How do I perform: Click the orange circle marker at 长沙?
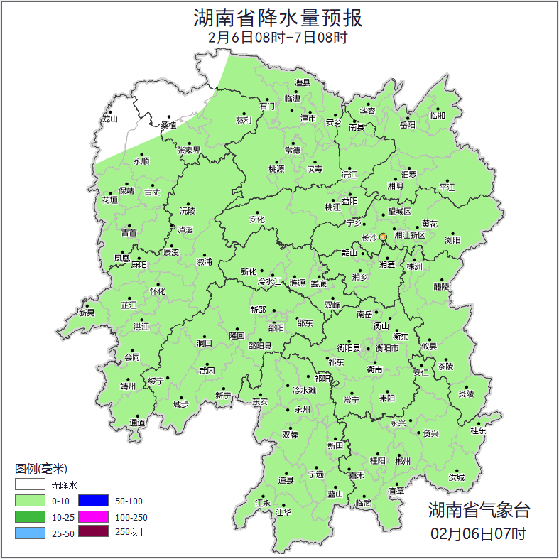[x=383, y=237]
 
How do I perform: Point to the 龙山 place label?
[x=109, y=119]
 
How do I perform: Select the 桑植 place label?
[x=168, y=125]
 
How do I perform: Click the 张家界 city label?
[x=189, y=151]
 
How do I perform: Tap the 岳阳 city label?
[x=408, y=125]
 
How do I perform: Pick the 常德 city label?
[x=292, y=150]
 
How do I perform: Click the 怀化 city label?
[x=157, y=291]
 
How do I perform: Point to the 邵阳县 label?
[x=259, y=346]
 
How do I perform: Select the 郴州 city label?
[x=403, y=460]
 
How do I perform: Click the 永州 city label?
[x=302, y=410]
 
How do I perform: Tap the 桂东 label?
[x=478, y=430]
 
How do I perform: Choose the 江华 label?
[x=283, y=511]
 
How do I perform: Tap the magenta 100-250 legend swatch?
[x=93, y=516]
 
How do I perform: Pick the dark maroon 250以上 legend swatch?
[x=93, y=531]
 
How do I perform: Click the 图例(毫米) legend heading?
[x=40, y=469]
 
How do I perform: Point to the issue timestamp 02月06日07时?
[x=478, y=533]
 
